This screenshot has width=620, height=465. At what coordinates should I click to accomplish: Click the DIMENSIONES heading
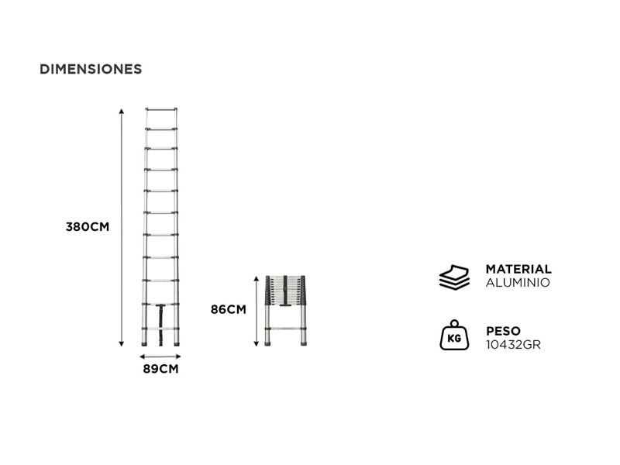click(x=91, y=69)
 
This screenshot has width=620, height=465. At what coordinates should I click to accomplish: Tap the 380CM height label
click(x=88, y=227)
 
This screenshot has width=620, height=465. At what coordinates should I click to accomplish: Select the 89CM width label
click(x=160, y=369)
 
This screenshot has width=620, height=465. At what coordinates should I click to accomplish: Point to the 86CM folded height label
click(x=228, y=309)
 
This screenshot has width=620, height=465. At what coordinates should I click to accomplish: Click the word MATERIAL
click(x=518, y=269)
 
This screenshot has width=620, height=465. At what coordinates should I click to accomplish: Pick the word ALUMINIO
click(x=518, y=283)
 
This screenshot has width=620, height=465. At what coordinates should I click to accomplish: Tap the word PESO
click(x=503, y=331)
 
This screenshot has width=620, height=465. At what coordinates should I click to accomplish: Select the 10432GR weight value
click(x=513, y=345)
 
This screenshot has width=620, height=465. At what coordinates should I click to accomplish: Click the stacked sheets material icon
click(x=454, y=277)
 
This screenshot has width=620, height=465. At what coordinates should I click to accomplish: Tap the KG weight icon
click(x=454, y=336)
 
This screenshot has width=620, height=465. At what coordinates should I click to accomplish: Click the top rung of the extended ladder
click(x=161, y=108)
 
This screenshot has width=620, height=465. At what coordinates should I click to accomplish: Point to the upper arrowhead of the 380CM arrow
click(x=122, y=111)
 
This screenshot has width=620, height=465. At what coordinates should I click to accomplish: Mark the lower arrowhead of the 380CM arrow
click(x=122, y=343)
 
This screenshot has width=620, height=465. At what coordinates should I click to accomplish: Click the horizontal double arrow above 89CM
click(x=160, y=356)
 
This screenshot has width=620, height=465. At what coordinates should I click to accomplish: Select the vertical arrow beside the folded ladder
click(x=257, y=312)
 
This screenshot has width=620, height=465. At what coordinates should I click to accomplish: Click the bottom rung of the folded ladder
click(x=285, y=329)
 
